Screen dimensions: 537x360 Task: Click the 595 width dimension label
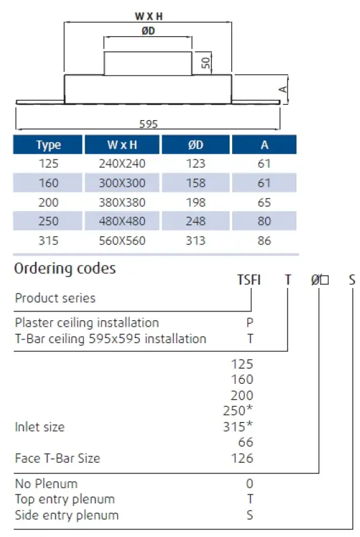click(148, 125)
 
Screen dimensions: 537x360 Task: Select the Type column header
click(48, 145)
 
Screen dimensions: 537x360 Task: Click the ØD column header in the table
click(196, 145)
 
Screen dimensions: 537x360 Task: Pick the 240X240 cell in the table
click(122, 164)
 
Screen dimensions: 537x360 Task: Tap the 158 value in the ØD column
click(196, 183)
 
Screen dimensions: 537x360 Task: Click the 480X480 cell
click(122, 221)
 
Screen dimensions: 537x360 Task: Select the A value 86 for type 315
click(264, 240)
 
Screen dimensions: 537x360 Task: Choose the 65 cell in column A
click(264, 202)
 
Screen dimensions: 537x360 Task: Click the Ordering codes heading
click(65, 268)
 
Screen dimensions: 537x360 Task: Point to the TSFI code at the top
click(249, 280)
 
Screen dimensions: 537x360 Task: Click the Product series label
click(55, 298)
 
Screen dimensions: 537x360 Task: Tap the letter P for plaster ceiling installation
click(250, 322)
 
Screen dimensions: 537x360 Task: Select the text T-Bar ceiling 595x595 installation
click(111, 339)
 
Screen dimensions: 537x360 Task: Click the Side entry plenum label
click(67, 515)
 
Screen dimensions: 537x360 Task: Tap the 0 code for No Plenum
click(250, 484)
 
